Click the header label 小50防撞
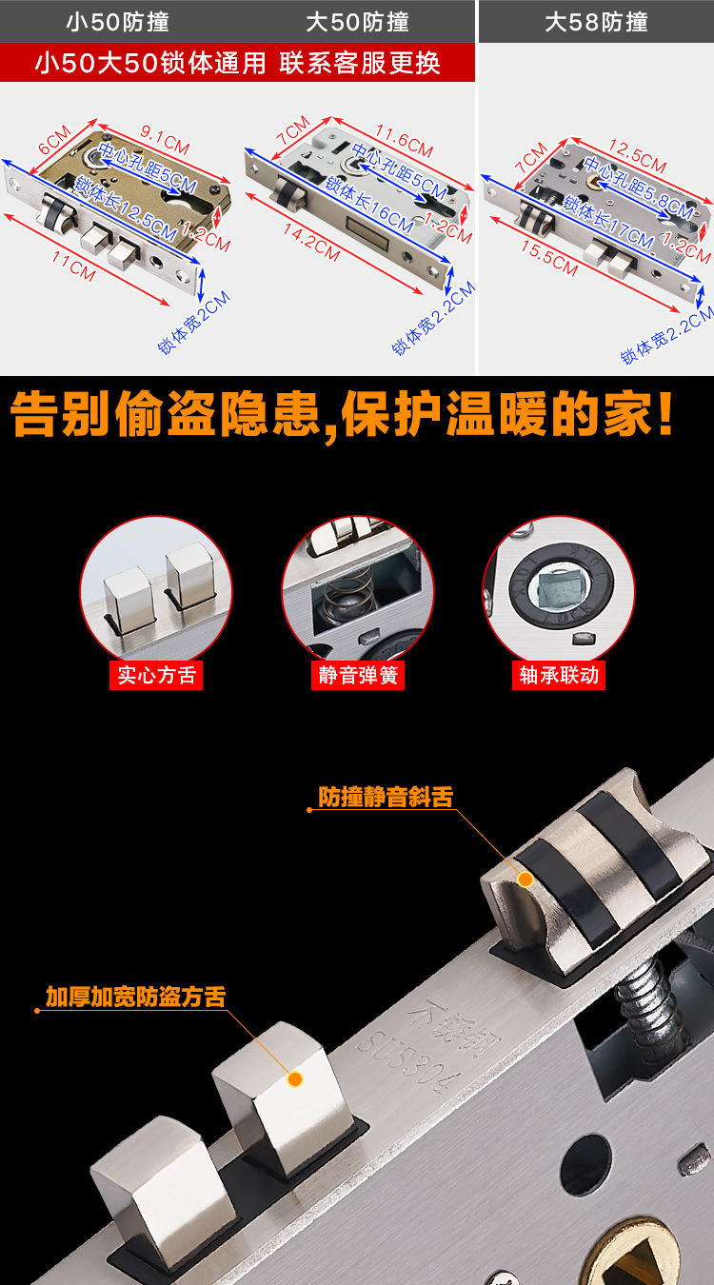point(118,23)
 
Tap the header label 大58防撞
point(596,23)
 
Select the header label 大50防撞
point(357,23)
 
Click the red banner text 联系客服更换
point(360,63)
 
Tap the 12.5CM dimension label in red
point(637,155)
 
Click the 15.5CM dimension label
point(549,257)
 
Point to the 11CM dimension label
point(73,265)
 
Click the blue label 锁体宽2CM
point(194,322)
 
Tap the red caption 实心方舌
point(156,675)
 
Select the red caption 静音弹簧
point(358,675)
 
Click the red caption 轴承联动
point(559,675)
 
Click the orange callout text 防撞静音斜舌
point(386,797)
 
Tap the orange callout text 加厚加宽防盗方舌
point(136,997)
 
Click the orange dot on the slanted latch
point(526,879)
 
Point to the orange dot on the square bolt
point(295,1079)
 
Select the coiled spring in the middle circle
point(347,600)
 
